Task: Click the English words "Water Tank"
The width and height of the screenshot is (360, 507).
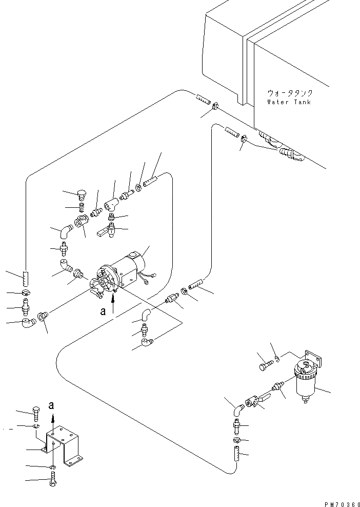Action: (289, 102)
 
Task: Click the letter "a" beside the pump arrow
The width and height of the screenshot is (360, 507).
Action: (103, 311)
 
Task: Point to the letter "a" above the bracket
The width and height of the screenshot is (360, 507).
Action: (51, 405)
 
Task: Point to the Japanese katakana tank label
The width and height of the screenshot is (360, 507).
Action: (289, 93)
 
